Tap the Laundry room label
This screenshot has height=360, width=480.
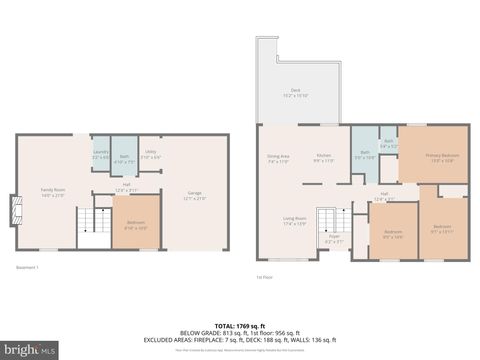[x=101, y=154]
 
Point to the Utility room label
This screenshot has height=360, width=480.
[x=149, y=154]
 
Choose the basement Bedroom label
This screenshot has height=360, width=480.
[x=135, y=226]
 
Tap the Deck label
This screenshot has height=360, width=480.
[x=295, y=92]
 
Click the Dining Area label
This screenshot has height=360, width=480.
[x=278, y=158]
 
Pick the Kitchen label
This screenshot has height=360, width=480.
[x=324, y=158]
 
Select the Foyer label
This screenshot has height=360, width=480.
[x=334, y=239]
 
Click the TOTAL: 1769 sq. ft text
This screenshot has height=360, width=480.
[x=240, y=326]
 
